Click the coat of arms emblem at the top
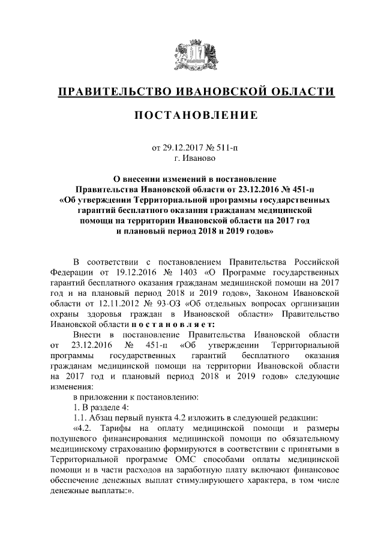(x=191, y=54)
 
